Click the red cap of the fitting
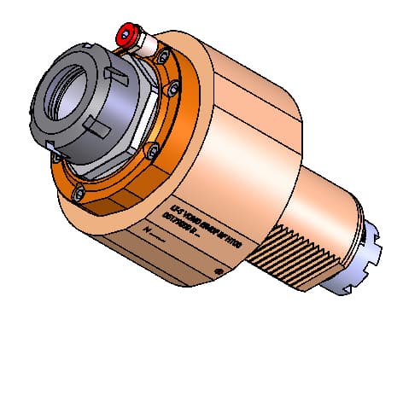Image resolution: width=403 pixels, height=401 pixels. [128, 36]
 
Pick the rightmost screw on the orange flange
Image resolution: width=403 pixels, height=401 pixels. [175, 87]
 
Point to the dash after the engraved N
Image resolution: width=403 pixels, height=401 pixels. [161, 235]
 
